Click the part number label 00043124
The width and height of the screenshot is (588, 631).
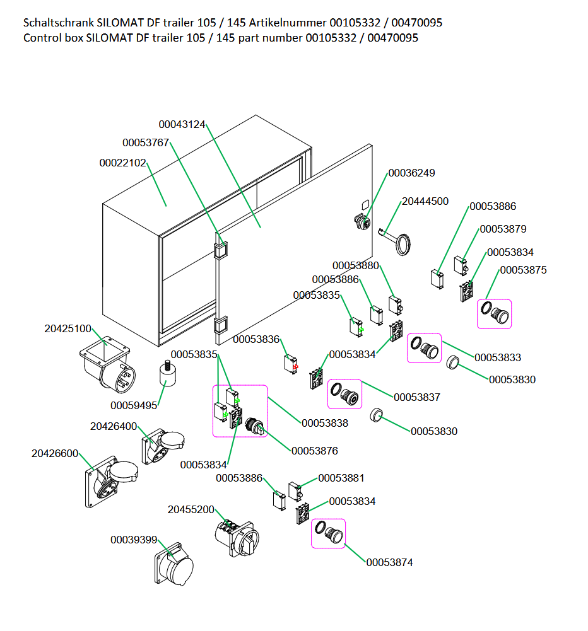pyautogui.click(x=182, y=124)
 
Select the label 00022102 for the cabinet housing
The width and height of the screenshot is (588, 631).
pyautogui.click(x=122, y=163)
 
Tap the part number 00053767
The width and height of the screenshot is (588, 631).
pyautogui.click(x=146, y=142)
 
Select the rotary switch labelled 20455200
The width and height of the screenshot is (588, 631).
pyautogui.click(x=235, y=536)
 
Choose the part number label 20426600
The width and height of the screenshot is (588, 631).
pyautogui.click(x=55, y=453)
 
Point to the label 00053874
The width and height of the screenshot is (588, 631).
pyautogui.click(x=389, y=562)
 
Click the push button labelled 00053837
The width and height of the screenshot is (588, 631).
pyautogui.click(x=345, y=395)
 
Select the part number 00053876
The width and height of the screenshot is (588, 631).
pyautogui.click(x=314, y=451)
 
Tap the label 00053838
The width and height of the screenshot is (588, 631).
pyautogui.click(x=324, y=423)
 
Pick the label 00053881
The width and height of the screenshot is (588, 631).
pyautogui.click(x=341, y=478)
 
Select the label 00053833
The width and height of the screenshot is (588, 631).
pyautogui.click(x=498, y=357)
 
